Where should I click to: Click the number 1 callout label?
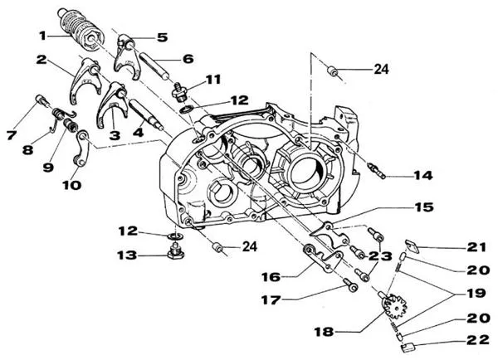point(42,36)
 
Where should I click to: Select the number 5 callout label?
point(161,36)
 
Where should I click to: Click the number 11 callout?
point(213,80)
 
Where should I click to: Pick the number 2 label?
point(41,60)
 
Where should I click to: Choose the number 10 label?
point(71,185)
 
